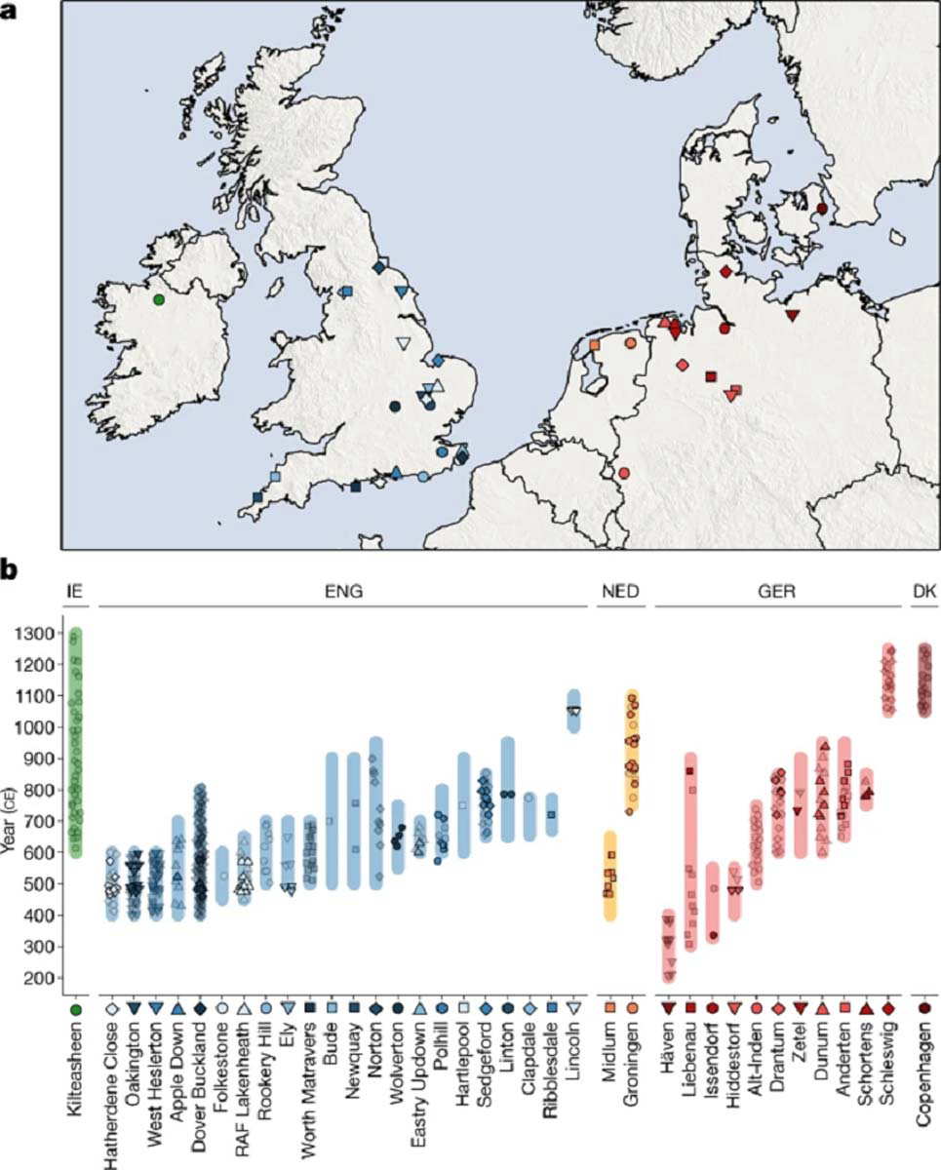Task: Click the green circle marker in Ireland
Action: pyautogui.click(x=158, y=299)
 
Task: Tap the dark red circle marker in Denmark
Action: pyautogui.click(x=821, y=208)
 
